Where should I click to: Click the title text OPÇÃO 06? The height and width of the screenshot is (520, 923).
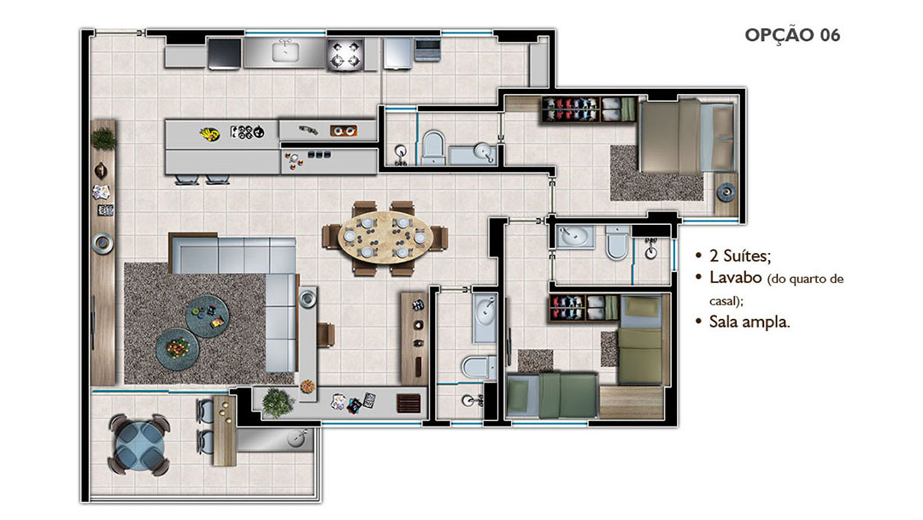coord(792,35)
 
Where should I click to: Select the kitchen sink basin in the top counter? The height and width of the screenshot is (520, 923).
coord(285,52)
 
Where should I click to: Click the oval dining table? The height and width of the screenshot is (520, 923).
coord(385,237)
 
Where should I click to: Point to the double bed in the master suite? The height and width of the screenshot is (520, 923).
coord(686,137)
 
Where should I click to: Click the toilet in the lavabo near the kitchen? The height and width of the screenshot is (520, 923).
coord(433,146)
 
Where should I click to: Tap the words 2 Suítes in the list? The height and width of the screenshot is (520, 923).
coord(740,256)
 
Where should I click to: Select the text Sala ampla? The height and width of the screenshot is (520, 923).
coord(750,322)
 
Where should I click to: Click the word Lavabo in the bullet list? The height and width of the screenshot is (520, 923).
coord(736,277)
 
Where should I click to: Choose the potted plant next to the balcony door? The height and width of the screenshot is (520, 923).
coord(278,403)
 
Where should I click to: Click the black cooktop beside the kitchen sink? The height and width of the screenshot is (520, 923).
coord(224,54)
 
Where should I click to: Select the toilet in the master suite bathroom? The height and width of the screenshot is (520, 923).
coord(617,243)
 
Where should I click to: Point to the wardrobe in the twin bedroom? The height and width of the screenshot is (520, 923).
coord(584,308)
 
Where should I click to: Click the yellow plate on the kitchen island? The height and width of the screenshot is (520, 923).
coord(209,134)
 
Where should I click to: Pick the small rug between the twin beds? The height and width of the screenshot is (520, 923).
coord(535,360)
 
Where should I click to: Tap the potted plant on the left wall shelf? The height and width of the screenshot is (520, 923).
coord(103,139)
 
